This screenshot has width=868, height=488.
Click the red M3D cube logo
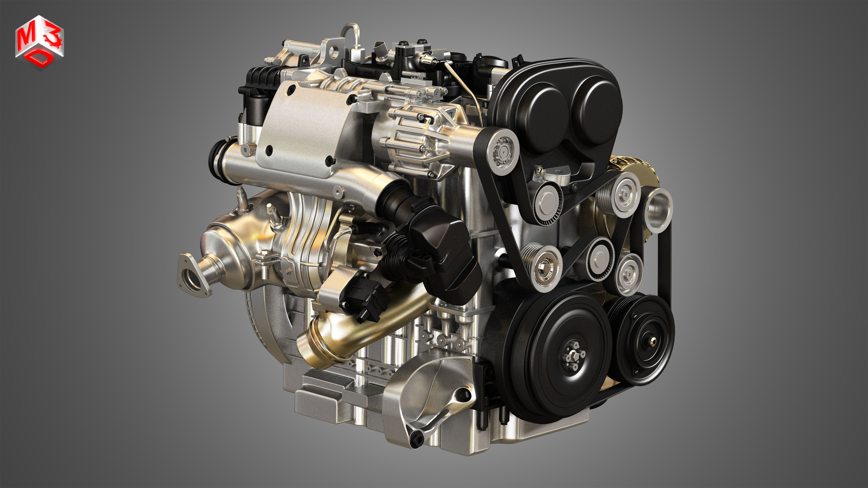click(x=39, y=43)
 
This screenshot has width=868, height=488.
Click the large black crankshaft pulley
click(x=553, y=357)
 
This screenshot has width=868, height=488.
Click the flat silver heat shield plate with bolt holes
click(x=303, y=128)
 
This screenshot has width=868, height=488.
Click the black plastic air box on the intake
click(x=445, y=249)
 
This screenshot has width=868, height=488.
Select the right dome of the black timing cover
click(x=596, y=108)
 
